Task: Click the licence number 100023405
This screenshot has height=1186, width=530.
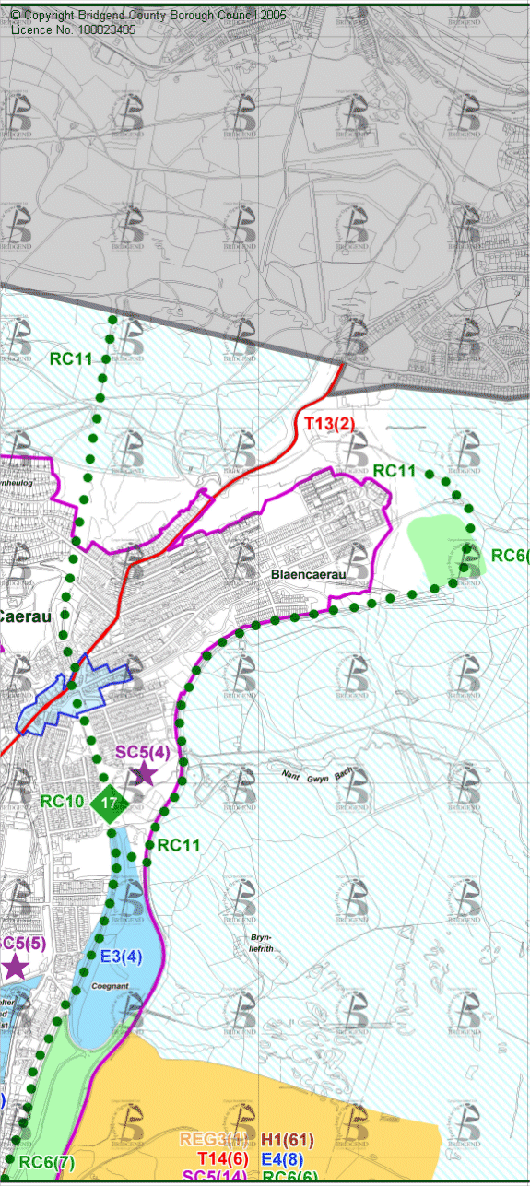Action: (x=97, y=29)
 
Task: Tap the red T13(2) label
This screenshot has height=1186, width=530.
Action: (x=329, y=424)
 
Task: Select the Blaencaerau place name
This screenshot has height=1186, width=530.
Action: (x=307, y=573)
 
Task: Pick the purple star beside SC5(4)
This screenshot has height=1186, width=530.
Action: (x=143, y=774)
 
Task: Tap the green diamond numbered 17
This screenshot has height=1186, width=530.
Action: (x=109, y=804)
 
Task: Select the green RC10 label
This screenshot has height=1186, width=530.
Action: (x=63, y=801)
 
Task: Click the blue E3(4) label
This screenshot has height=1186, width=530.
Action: (x=121, y=956)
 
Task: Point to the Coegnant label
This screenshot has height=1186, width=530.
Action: (x=109, y=985)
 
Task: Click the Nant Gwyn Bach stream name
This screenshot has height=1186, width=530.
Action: (x=317, y=775)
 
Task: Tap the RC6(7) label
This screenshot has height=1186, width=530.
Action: (x=46, y=1162)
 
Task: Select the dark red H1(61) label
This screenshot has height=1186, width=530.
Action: (x=287, y=1141)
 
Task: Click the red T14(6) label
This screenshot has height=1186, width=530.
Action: (x=224, y=1159)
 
